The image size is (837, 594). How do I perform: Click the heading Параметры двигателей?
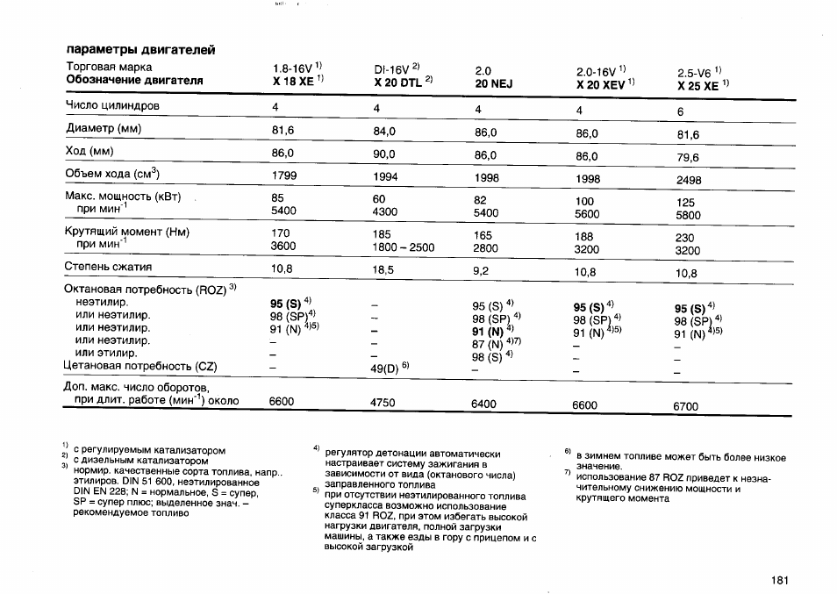140,49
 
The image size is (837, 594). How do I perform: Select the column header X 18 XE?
294,81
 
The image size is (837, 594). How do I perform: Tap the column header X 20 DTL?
398,82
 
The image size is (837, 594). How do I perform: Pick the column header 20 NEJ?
493,83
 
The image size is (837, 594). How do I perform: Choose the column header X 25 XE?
698,86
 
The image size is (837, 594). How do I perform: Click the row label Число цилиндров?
112,106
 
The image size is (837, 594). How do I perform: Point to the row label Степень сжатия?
109,267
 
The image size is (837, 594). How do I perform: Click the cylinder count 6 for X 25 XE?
680,112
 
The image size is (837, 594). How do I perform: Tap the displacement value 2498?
690,180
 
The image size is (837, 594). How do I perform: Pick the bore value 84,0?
385,132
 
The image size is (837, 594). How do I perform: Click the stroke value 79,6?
688,158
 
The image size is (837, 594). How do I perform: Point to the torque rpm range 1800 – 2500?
404,247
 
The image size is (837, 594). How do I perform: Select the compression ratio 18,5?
383,270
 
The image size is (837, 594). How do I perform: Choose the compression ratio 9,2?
481,271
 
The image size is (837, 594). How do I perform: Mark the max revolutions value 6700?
686,406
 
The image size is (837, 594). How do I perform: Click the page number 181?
781,580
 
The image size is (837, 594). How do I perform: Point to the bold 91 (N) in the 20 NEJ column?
490,332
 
